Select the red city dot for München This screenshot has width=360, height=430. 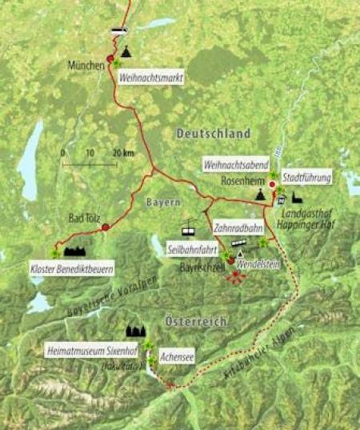coord(110,58)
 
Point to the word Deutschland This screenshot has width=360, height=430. coord(214,133)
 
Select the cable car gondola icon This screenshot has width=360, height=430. coord(189,227)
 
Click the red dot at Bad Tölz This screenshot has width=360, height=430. coord(105,228)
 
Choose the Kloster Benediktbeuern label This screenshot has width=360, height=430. coord(71,266)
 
